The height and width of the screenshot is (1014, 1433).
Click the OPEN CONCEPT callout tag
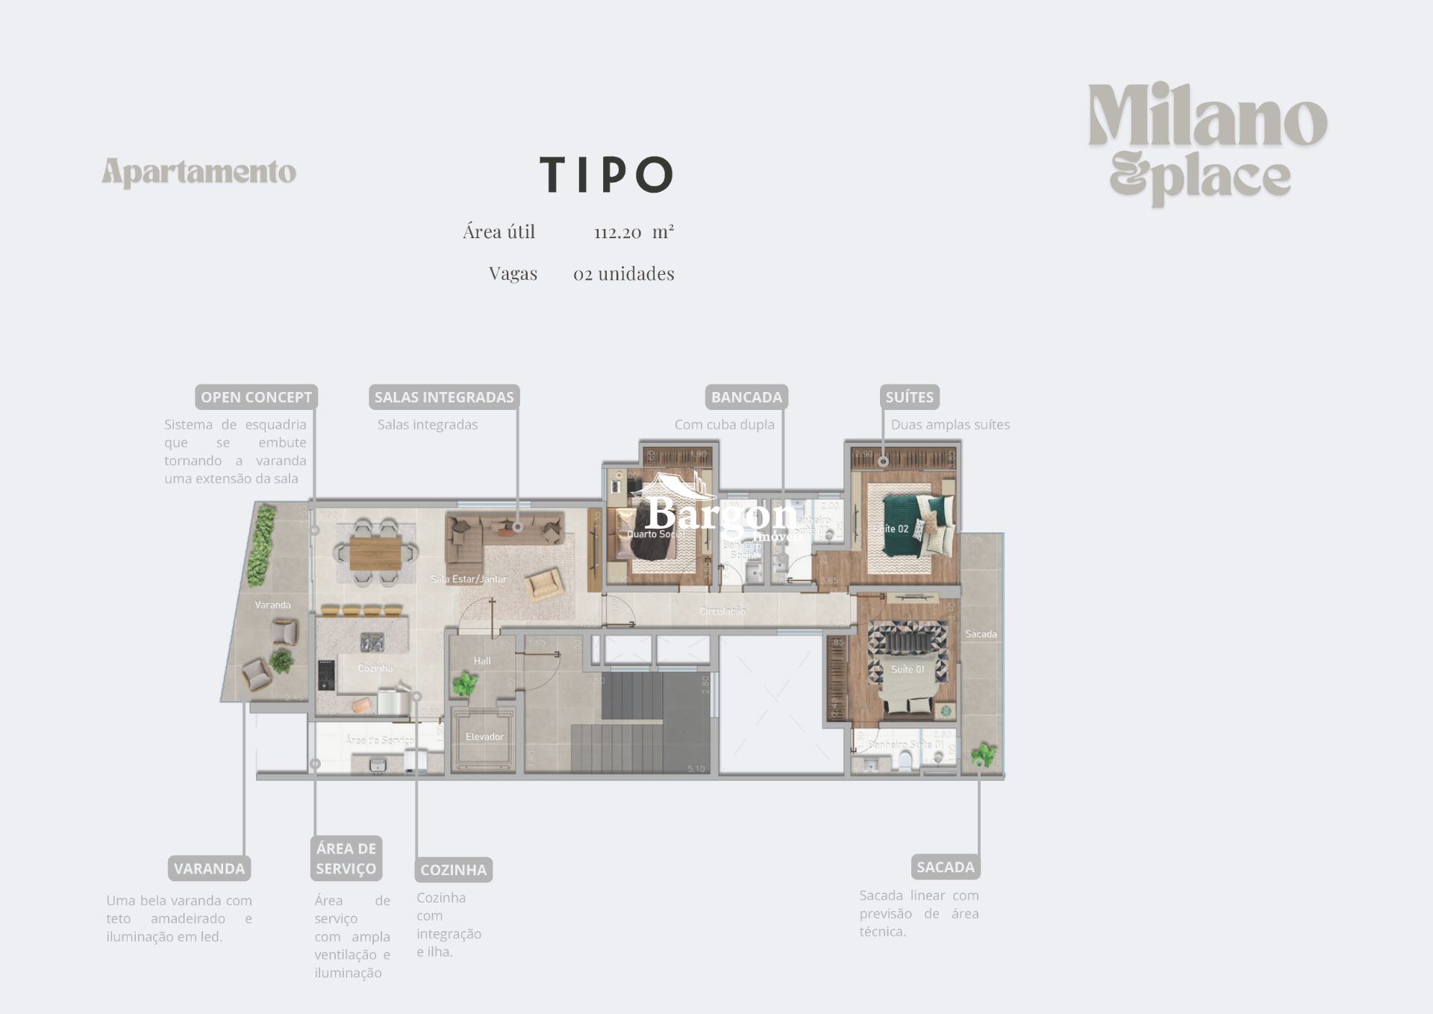click(256, 397)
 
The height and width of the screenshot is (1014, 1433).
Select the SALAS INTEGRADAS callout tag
click(444, 397)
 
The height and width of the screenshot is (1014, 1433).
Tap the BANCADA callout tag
click(746, 397)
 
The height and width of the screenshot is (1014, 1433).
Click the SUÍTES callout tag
click(909, 397)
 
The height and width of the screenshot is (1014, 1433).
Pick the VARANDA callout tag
click(209, 868)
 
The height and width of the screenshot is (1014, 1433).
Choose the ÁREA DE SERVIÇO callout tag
click(346, 859)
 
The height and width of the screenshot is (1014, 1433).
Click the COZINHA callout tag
click(453, 870)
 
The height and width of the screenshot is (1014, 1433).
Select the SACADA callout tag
click(945, 867)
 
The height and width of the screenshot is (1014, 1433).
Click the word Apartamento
click(199, 172)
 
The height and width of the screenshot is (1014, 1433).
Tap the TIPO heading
click(606, 175)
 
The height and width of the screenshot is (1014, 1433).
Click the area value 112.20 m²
click(634, 232)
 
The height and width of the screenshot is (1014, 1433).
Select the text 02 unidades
click(623, 274)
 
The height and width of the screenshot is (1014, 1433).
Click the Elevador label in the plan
click(484, 737)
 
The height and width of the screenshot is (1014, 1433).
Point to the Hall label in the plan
click(482, 661)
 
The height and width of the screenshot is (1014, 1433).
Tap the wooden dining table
click(375, 553)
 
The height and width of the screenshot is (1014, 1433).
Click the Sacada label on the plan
click(981, 634)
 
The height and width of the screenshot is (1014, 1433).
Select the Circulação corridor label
click(722, 612)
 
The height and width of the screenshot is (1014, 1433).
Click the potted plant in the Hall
click(465, 682)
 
